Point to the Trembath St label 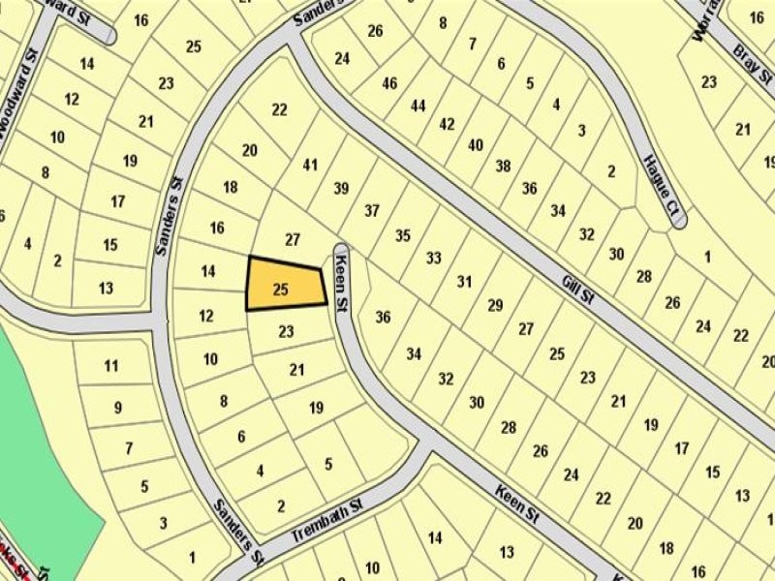click(x=329, y=522)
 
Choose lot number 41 click(x=310, y=165)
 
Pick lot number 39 click(x=341, y=188)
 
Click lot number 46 click(x=389, y=83)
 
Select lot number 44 click(x=418, y=105)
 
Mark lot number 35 click(x=403, y=234)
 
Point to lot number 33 click(x=433, y=258)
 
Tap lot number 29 click(x=495, y=305)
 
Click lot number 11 click(x=111, y=365)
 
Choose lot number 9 click(x=118, y=407)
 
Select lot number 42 click(x=447, y=124)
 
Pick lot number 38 click(x=503, y=166)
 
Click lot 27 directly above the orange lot click(x=293, y=239)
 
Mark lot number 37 click(x=372, y=210)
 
